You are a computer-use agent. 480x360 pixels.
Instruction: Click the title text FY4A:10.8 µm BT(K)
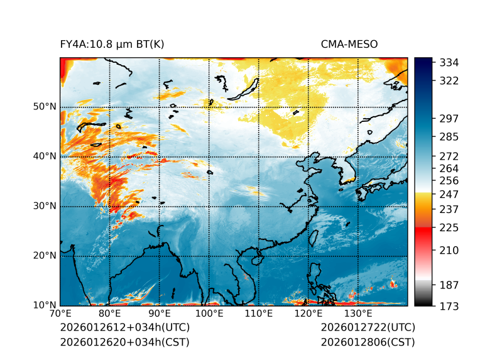coord(112,44)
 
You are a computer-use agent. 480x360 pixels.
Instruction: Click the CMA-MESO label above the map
coord(349,44)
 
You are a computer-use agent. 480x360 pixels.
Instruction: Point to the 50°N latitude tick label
coord(44,107)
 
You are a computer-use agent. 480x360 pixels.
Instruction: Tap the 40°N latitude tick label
coord(44,156)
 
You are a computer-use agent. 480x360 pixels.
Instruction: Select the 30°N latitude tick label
coord(44,206)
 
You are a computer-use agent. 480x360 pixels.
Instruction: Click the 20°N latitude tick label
coord(44,256)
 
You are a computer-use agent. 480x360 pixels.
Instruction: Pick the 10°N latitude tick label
coord(44,305)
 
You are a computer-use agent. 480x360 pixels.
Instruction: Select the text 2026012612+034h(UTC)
coord(124,327)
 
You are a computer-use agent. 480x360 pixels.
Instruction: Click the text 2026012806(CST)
coord(368,342)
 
